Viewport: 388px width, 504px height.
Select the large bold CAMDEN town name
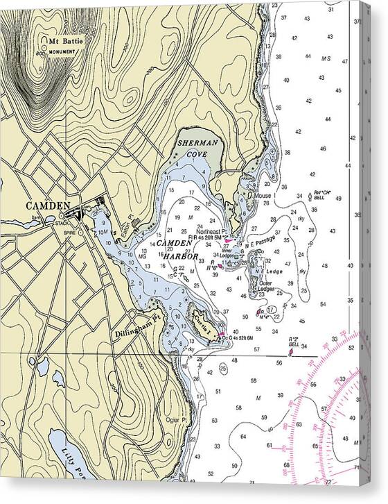48,205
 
